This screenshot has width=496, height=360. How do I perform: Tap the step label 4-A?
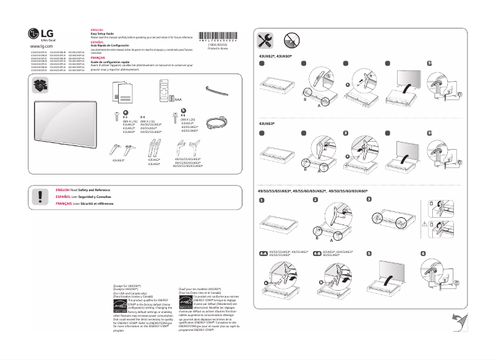click(x=263, y=254)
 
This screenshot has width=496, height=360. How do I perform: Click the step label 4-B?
click(x=317, y=254)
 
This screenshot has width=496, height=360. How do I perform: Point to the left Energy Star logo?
click(x=121, y=304)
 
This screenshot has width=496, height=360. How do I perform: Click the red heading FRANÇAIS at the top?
click(x=98, y=56)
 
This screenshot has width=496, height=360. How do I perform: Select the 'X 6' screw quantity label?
click(x=183, y=114)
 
